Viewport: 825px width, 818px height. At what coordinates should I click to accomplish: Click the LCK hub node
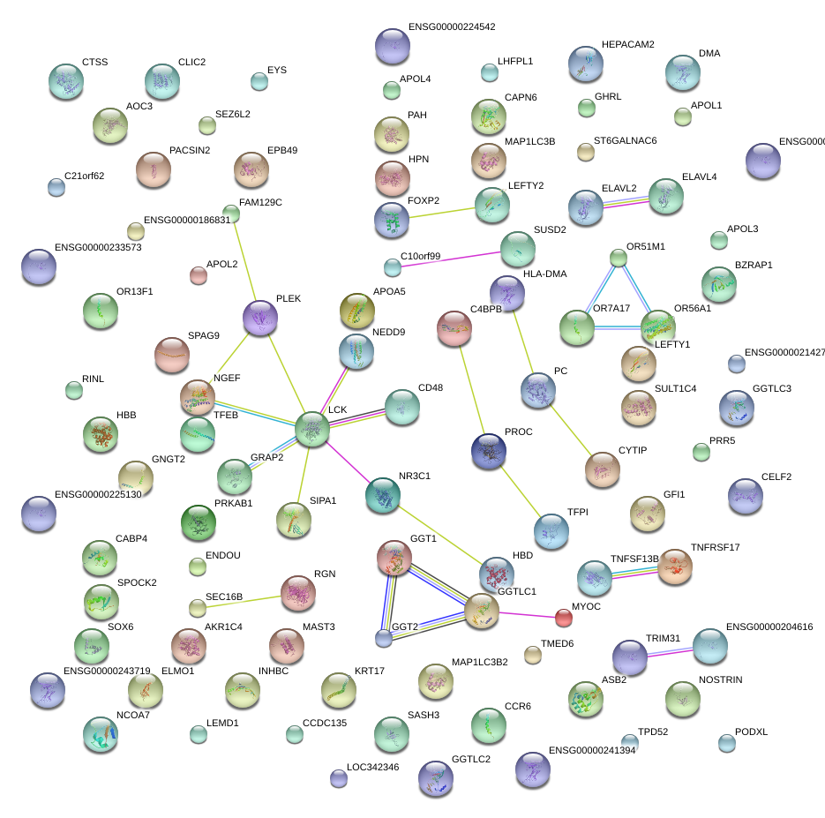pyautogui.click(x=311, y=428)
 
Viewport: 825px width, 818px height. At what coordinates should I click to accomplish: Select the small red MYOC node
pyautogui.click(x=563, y=616)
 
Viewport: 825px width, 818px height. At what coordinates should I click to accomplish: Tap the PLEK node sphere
pyautogui.click(x=259, y=318)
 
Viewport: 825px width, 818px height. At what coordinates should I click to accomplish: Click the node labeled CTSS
pyautogui.click(x=65, y=81)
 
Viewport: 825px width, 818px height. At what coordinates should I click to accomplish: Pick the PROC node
pyautogui.click(x=489, y=451)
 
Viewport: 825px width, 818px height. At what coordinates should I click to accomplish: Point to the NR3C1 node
pyautogui.click(x=383, y=495)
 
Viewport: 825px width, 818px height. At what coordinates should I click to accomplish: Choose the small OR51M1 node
pyautogui.click(x=619, y=258)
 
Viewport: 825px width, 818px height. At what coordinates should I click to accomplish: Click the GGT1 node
pyautogui.click(x=394, y=558)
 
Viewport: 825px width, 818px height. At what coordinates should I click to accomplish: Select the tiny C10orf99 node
pyautogui.click(x=392, y=266)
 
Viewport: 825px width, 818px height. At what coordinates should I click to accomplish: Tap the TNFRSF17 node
pyautogui.click(x=675, y=567)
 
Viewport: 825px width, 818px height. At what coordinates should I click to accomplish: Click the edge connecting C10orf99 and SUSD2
pyautogui.click(x=450, y=258)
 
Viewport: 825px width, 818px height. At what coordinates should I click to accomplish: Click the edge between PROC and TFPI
pyautogui.click(x=520, y=491)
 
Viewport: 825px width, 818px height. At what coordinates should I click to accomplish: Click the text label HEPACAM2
pyautogui.click(x=627, y=44)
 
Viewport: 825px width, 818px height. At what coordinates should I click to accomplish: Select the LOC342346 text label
pyautogui.click(x=372, y=767)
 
